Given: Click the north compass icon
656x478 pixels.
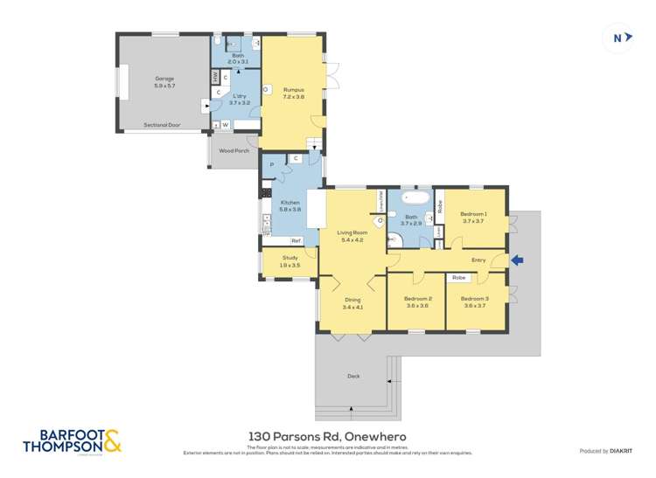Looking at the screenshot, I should (618, 38).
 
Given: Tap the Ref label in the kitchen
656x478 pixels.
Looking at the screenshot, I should (296, 240).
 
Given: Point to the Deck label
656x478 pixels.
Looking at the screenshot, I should (353, 376).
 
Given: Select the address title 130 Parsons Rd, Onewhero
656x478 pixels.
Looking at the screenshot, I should (328, 436).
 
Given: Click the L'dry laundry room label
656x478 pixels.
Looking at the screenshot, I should (239, 100).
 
